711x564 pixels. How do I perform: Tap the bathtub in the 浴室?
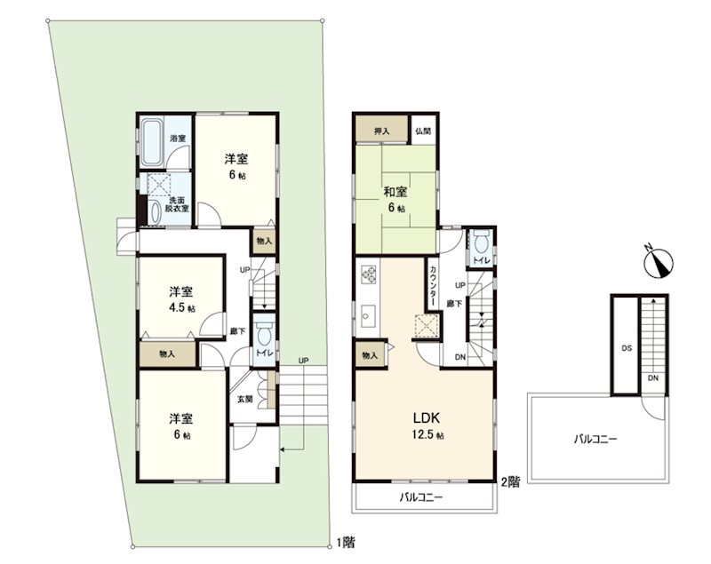point(151,142)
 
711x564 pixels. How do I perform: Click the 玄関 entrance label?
point(245,399)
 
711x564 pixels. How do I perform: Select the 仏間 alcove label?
point(423,131)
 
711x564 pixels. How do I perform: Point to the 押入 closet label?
point(382,131)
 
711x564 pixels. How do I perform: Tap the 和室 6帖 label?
point(395,199)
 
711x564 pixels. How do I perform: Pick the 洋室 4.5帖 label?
point(182,299)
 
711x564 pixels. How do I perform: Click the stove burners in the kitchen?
point(368,274)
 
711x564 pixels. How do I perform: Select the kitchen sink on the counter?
point(368,314)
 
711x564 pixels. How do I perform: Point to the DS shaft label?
point(627,348)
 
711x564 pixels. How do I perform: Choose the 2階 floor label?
point(510,482)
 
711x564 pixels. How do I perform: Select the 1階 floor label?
point(346,542)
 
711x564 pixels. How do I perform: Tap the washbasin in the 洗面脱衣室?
point(155,213)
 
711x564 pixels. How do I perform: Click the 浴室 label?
point(178,138)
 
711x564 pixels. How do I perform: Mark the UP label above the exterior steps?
point(303,361)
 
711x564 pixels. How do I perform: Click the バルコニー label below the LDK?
point(420,498)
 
